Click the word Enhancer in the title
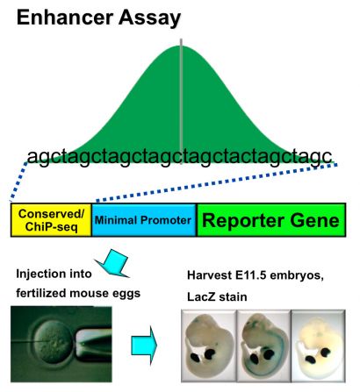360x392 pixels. click(x=65, y=18)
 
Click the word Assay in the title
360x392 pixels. click(x=149, y=18)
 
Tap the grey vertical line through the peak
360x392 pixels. click(x=181, y=101)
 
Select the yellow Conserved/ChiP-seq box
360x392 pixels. click(x=51, y=220)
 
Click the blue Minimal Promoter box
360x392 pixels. click(x=144, y=220)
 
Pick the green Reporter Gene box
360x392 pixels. click(x=271, y=220)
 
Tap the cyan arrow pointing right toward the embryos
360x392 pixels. click(x=144, y=346)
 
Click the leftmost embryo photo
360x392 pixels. click(x=209, y=346)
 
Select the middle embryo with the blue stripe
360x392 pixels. click(x=263, y=346)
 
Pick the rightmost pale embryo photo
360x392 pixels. click(x=319, y=346)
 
